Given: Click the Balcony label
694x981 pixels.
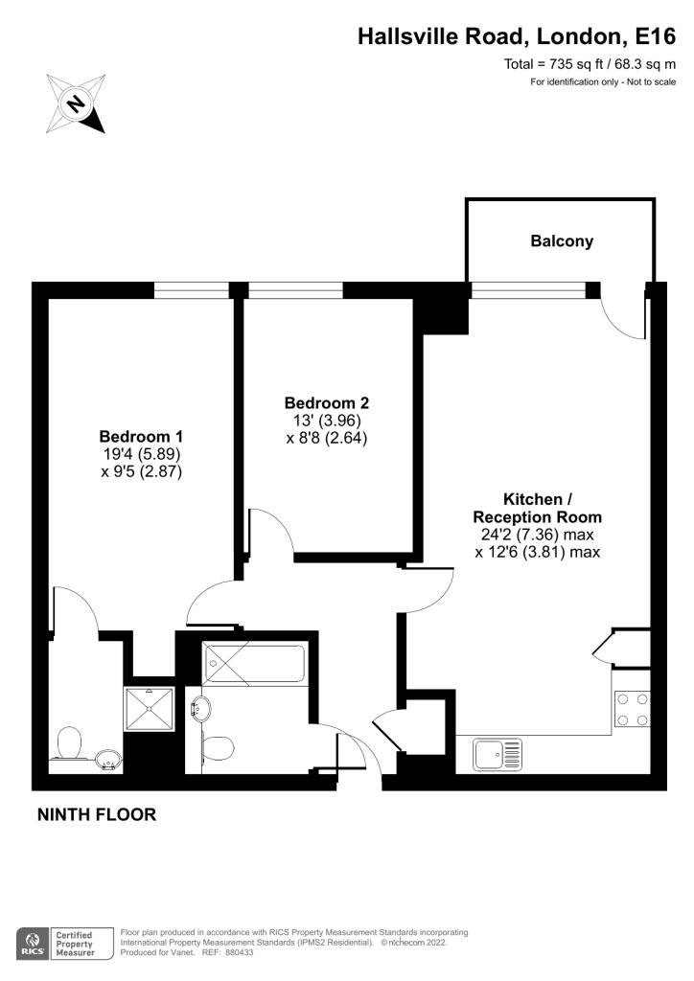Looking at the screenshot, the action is point(562,241).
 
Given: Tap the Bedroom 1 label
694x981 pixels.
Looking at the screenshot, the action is point(141,436).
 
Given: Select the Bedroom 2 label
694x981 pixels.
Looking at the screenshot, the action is point(327,403).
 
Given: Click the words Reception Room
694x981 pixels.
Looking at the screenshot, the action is point(538,517).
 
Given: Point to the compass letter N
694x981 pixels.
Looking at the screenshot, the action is point(77,103).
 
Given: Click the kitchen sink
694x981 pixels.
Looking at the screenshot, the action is point(497,754).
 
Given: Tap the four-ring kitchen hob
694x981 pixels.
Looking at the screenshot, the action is point(633,710).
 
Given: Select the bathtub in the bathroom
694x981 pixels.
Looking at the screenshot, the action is point(255,663).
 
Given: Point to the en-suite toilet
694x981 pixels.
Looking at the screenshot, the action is point(68,742).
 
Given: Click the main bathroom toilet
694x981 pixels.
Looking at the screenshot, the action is point(218,747).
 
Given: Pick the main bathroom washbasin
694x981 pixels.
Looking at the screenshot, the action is point(200,709).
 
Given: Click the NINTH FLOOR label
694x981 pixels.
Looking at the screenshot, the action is point(97,814).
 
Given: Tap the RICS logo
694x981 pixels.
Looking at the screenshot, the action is point(34,944).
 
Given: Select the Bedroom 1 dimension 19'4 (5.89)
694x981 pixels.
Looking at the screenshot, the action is point(142,453).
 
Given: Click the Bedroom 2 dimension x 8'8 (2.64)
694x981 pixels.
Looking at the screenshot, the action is point(327,438).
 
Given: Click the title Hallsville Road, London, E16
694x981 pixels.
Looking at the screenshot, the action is point(517,36).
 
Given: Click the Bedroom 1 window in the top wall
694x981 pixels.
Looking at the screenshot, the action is point(192,290).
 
